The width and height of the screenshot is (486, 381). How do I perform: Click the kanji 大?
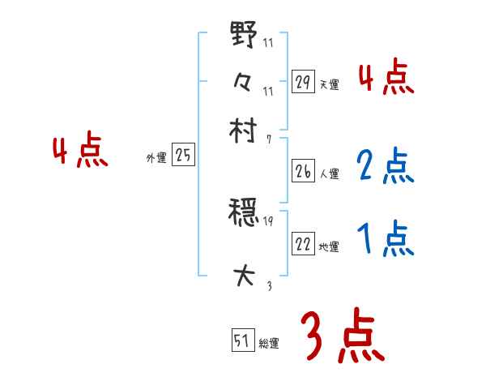pyautogui.click(x=244, y=276)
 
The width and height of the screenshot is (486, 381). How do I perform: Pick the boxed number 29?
pyautogui.click(x=303, y=81)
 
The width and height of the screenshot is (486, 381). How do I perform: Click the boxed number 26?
pyautogui.click(x=303, y=171)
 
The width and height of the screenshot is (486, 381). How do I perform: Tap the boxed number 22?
pyautogui.click(x=303, y=245)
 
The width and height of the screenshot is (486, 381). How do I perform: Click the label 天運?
pyautogui.click(x=330, y=83)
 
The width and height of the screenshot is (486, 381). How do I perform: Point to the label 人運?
pyautogui.click(x=330, y=173)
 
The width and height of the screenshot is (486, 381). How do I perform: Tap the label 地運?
pyautogui.click(x=330, y=246)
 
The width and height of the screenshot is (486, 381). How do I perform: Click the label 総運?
pyautogui.click(x=269, y=343)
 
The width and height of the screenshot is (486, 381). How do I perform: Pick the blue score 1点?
pyautogui.click(x=385, y=238)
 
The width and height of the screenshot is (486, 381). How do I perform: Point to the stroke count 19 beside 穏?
pyautogui.click(x=270, y=220)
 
